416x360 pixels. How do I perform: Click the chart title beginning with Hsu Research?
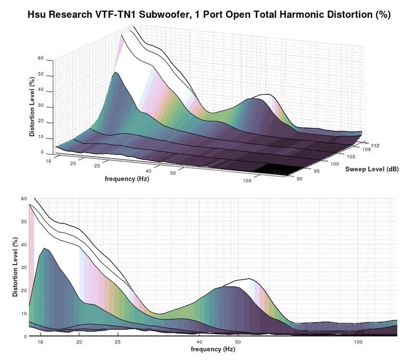click(x=209, y=15)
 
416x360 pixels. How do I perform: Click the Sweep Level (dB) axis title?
click(x=373, y=169)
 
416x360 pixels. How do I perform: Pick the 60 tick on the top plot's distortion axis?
click(x=40, y=57)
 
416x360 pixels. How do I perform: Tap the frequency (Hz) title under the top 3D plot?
click(x=127, y=177)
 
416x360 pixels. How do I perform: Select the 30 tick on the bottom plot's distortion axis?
click(x=24, y=268)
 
